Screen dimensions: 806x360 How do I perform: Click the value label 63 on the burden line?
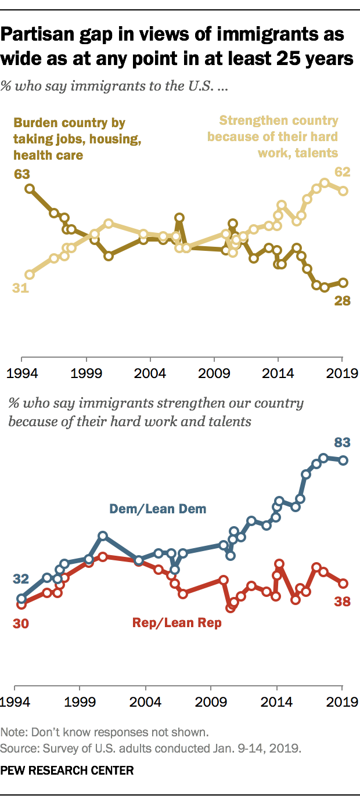pyautogui.click(x=21, y=174)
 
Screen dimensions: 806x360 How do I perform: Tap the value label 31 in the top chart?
pyautogui.click(x=21, y=287)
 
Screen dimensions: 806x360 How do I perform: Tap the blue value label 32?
pyautogui.click(x=21, y=579)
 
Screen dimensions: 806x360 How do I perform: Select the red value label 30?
pyautogui.click(x=21, y=624)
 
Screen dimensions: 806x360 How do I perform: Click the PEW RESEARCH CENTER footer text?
pyautogui.click(x=67, y=771)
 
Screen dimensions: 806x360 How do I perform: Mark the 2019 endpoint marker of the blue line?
pyautogui.click(x=343, y=460)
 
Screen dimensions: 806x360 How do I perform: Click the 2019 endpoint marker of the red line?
pyautogui.click(x=343, y=584)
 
